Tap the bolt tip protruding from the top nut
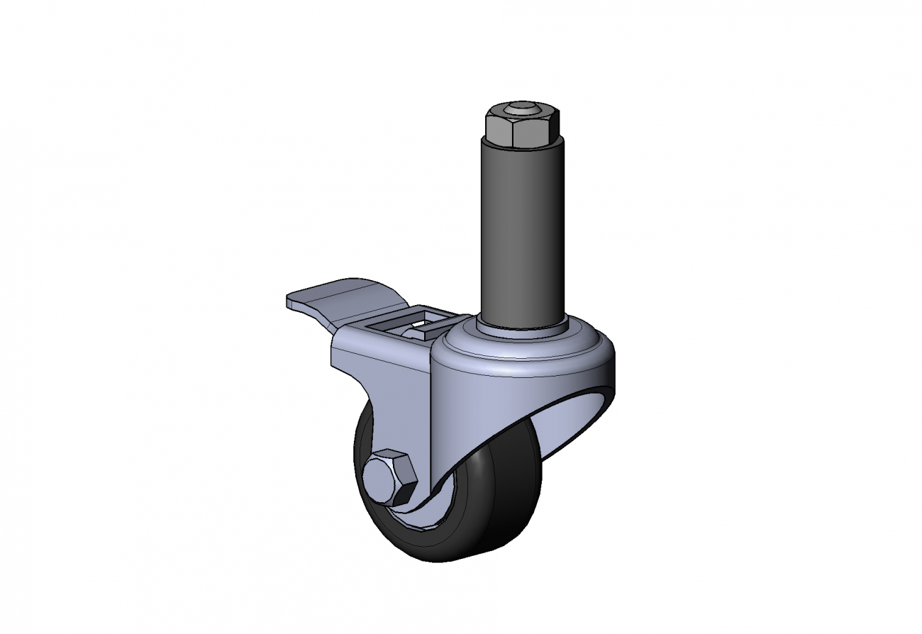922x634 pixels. [x=522, y=109]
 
